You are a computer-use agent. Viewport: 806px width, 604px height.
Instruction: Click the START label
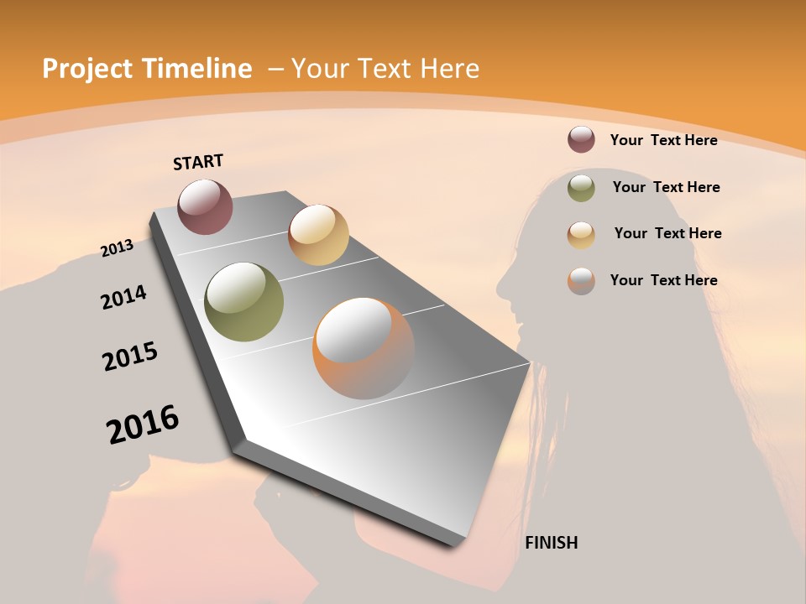pyautogui.click(x=198, y=161)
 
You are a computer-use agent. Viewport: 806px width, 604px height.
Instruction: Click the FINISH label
pyautogui.click(x=552, y=543)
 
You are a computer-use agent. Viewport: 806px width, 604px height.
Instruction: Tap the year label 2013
pyautogui.click(x=118, y=247)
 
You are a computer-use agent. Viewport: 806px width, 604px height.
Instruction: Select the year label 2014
pyautogui.click(x=124, y=297)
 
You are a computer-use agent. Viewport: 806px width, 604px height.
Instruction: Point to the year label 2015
pyautogui.click(x=130, y=357)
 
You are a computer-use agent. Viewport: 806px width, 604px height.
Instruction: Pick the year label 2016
pyautogui.click(x=143, y=424)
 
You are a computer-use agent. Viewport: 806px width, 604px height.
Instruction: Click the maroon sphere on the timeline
pyautogui.click(x=206, y=206)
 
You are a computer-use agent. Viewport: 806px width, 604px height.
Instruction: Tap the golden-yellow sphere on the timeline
pyautogui.click(x=318, y=235)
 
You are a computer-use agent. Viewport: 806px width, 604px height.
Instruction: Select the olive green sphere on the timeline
pyautogui.click(x=244, y=302)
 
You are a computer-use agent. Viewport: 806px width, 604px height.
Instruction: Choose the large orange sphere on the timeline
pyautogui.click(x=363, y=348)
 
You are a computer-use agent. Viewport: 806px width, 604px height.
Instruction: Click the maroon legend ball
pyautogui.click(x=581, y=139)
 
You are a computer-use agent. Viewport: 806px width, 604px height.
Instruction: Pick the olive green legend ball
pyautogui.click(x=581, y=188)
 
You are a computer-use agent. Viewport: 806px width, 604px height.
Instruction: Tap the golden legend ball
pyautogui.click(x=581, y=234)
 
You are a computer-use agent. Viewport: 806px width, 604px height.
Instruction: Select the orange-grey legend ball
pyautogui.click(x=581, y=281)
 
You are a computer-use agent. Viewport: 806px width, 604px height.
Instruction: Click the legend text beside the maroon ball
pyautogui.click(x=663, y=140)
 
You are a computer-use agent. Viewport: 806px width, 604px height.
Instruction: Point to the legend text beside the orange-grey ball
pyautogui.click(x=663, y=280)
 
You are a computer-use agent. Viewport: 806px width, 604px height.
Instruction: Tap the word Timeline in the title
pyautogui.click(x=199, y=69)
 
